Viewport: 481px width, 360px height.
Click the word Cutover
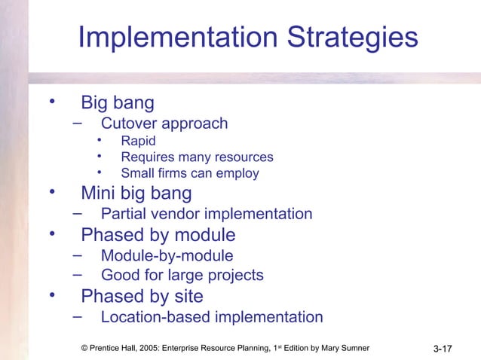click(x=129, y=124)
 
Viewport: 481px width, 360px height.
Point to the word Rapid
click(x=139, y=141)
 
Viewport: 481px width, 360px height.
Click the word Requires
click(x=148, y=157)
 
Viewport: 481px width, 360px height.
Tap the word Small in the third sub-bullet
click(x=137, y=173)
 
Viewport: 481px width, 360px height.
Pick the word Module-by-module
click(x=167, y=256)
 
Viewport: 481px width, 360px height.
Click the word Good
click(x=119, y=275)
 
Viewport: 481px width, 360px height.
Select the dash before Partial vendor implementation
click(x=78, y=212)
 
